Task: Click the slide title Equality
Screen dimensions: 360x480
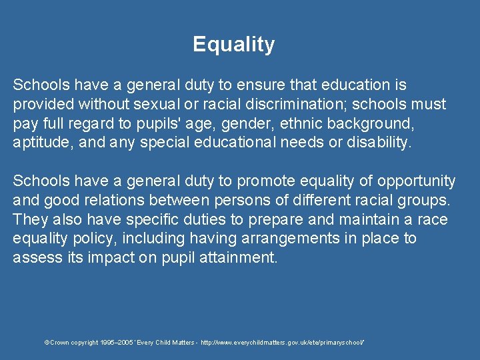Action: (x=233, y=45)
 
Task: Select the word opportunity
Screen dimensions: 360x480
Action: (x=417, y=181)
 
